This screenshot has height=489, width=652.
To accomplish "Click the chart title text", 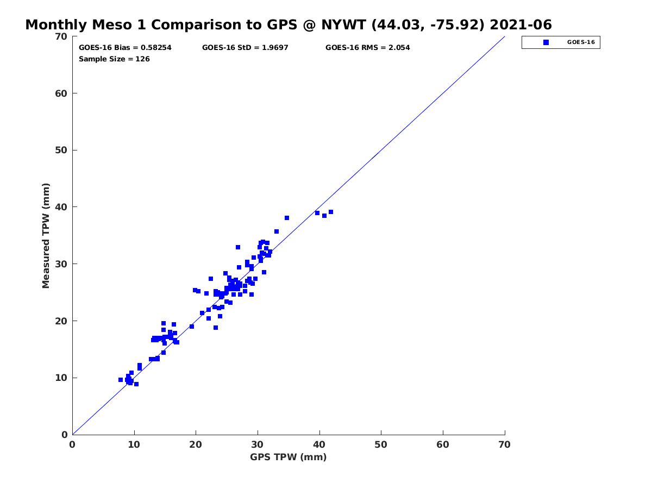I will (x=289, y=25).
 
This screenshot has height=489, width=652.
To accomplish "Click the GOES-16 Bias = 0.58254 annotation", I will (x=125, y=48).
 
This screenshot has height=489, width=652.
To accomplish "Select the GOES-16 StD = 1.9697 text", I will (x=245, y=48).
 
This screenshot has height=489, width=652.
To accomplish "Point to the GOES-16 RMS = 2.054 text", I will (x=368, y=48).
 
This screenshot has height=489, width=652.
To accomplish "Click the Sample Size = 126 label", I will (x=114, y=59).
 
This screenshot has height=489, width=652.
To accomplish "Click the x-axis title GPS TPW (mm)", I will (x=289, y=457).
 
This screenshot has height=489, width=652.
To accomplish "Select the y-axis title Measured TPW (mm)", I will (x=46, y=235).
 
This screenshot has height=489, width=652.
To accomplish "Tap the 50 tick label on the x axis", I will (x=381, y=444).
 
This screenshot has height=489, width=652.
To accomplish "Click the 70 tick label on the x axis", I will (x=505, y=444).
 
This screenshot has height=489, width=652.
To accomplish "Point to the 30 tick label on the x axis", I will (x=258, y=444).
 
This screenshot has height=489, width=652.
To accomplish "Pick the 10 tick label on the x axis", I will (x=134, y=444).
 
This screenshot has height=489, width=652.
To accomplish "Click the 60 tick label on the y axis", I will (x=62, y=93).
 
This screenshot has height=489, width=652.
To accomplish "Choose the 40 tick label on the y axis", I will (x=62, y=207).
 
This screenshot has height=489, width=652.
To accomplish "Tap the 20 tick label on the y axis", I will (x=62, y=321).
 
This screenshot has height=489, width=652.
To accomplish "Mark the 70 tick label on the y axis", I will (x=62, y=36).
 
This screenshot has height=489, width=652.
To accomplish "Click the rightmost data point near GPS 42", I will (x=330, y=212).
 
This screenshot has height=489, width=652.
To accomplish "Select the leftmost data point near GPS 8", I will (x=121, y=380).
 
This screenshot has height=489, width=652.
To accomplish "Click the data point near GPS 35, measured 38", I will (x=287, y=218).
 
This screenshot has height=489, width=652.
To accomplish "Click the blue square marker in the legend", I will (x=546, y=42).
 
